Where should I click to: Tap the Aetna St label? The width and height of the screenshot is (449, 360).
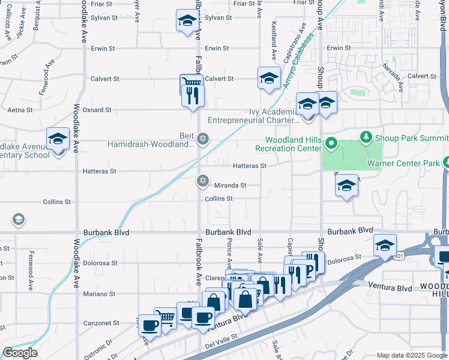[x=18, y=110]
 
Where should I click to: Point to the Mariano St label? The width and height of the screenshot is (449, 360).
[x=100, y=294]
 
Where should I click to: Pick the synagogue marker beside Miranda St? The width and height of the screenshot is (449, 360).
[x=203, y=181]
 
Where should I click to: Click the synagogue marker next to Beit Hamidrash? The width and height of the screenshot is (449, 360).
[x=203, y=139]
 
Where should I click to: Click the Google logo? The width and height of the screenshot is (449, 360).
[x=20, y=353]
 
